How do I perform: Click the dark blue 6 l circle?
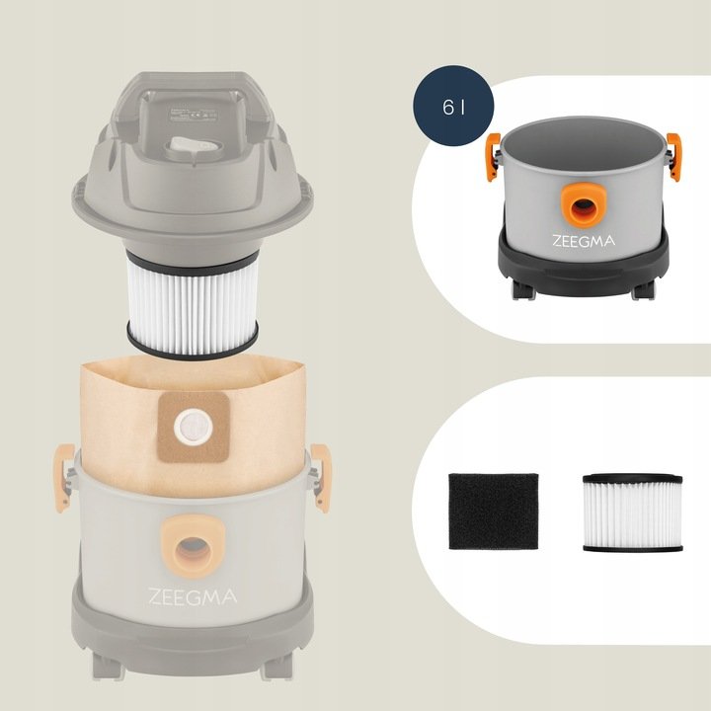[x=453, y=106]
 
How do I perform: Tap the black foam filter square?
[x=494, y=512]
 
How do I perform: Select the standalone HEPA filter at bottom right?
[x=633, y=513]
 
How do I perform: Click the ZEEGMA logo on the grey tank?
[x=584, y=240]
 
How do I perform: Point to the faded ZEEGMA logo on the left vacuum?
[x=193, y=596]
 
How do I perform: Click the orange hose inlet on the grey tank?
[x=584, y=205]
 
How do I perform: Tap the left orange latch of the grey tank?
[x=493, y=157]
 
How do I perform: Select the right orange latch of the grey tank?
[x=673, y=157]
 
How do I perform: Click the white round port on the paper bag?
[x=194, y=427]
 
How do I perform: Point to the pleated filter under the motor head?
[x=193, y=304]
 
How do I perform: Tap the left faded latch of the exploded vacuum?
[x=64, y=478]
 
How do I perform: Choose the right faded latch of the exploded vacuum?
[x=321, y=478]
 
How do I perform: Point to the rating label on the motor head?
[x=194, y=115]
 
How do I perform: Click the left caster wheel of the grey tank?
[x=523, y=289]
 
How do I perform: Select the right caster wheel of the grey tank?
[x=643, y=289]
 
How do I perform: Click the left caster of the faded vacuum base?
[x=109, y=666]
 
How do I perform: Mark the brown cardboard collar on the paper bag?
[x=194, y=427]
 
